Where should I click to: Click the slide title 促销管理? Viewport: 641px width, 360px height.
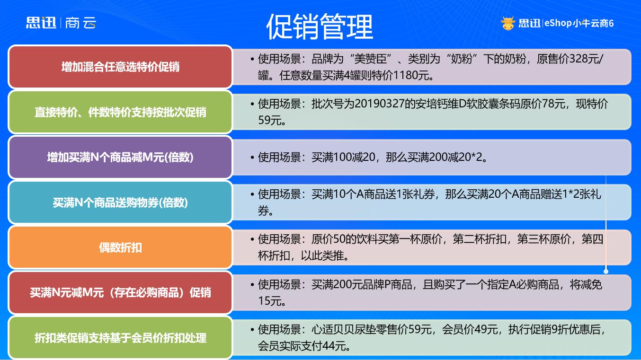point(320,26)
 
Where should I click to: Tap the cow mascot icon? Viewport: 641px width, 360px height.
point(508,23)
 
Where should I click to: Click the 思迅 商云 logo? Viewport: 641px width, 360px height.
point(61,23)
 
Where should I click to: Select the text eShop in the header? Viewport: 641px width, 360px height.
point(558,23)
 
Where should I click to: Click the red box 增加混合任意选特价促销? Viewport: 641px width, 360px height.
point(120,67)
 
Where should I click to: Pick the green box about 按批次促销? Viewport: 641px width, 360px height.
point(120,112)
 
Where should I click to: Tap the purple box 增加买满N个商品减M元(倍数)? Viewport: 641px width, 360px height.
point(120,157)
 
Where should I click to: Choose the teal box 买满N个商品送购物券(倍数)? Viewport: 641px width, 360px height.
point(120,202)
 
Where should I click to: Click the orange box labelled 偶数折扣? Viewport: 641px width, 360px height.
point(120,247)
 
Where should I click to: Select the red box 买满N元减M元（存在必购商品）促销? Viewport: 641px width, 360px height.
point(120,292)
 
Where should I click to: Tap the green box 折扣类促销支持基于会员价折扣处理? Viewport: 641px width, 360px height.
point(120,338)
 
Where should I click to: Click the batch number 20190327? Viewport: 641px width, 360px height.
point(379,104)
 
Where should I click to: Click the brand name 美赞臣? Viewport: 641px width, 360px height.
point(370,59)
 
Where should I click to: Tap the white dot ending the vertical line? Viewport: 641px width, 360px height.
point(606,271)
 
